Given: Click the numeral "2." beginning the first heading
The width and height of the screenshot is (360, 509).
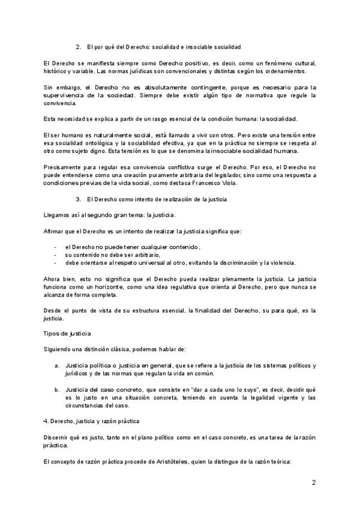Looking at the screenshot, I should pos(78,46).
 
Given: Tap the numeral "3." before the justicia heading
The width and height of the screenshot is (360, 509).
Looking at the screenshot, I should pos(78,198).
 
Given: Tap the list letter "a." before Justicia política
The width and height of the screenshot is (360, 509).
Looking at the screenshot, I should pos(56,366).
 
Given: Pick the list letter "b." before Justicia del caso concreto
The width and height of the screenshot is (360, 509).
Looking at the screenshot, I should pos(56,389).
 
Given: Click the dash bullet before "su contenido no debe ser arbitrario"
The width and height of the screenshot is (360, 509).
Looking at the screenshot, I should pos(56,254).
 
